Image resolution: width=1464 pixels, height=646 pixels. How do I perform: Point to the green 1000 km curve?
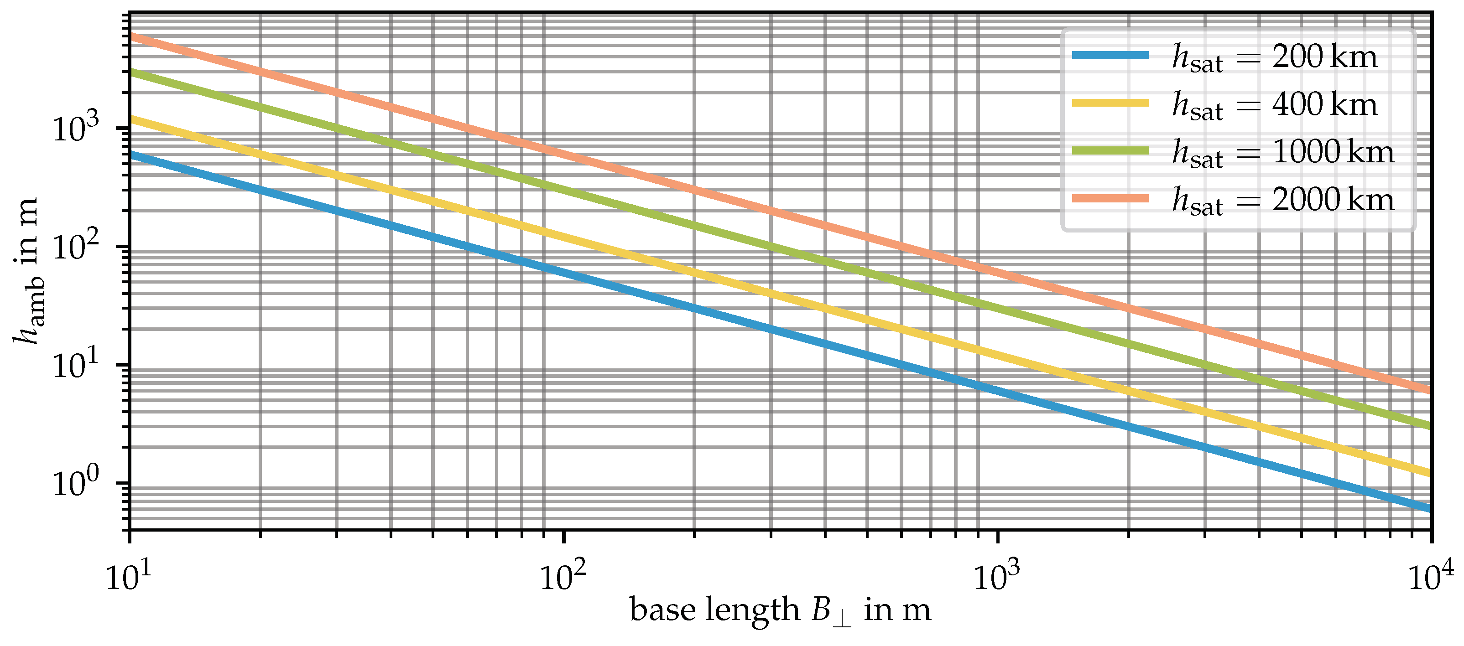tap(563, 187)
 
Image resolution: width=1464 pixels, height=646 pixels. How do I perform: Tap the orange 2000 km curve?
tap(563, 152)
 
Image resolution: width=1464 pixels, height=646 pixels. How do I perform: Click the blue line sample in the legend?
tap(1110, 56)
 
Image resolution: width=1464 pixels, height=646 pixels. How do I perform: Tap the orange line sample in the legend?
tap(1110, 198)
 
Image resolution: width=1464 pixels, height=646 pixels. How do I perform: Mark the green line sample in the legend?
tap(1110, 150)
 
